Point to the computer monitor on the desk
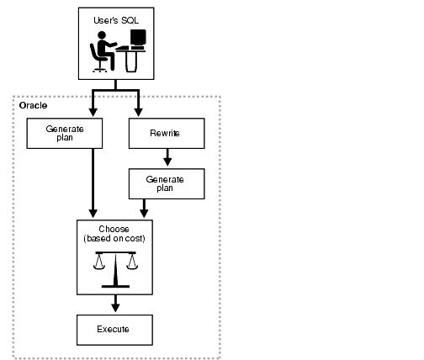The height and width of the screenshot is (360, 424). point(137,39)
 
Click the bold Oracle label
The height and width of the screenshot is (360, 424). point(34,106)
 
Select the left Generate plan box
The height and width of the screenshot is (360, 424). point(65,134)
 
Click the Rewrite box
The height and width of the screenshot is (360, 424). point(167,133)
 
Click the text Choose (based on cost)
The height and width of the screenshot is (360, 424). point(114,233)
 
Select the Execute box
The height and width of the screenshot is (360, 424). point(114,328)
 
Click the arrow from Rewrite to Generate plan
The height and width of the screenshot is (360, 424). point(167,156)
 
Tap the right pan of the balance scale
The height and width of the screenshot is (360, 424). point(131,267)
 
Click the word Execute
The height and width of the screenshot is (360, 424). point(114,328)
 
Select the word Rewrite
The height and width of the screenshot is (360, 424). point(167,133)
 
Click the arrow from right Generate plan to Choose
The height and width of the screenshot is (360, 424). point(145,207)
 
